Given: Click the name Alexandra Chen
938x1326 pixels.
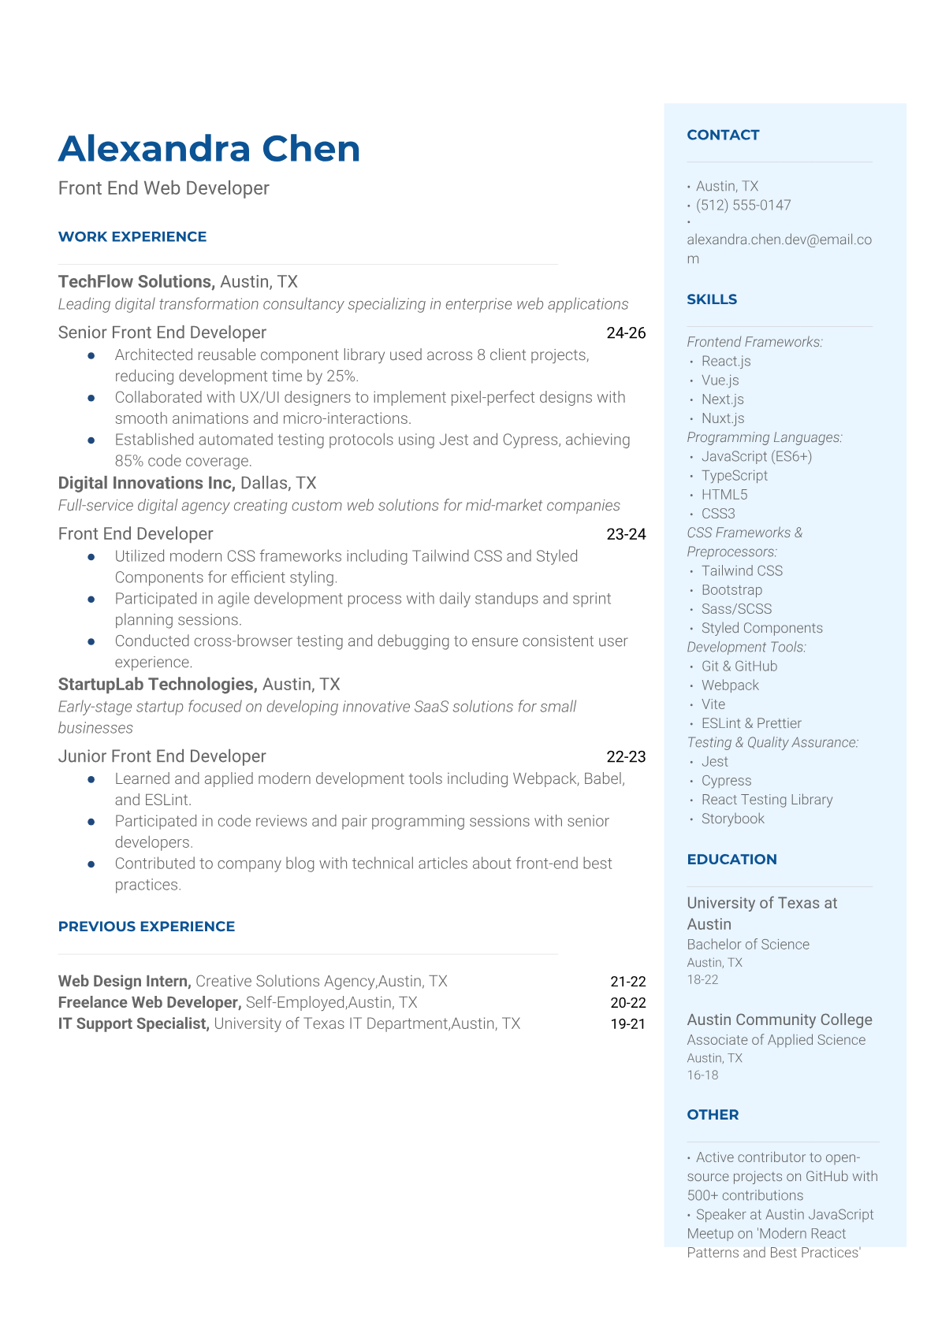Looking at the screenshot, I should [x=209, y=149].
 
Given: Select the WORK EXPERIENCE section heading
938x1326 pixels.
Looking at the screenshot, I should [x=132, y=236].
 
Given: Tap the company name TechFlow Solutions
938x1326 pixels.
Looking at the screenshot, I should [x=136, y=282].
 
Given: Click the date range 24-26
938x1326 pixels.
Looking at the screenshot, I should [x=626, y=333].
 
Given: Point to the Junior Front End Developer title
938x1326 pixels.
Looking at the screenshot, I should [x=162, y=756].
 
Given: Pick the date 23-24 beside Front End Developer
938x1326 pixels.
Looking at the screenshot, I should [x=626, y=534].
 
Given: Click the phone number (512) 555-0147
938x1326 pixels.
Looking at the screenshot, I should [x=743, y=205].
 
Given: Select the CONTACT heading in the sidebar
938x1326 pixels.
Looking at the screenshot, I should [x=723, y=135].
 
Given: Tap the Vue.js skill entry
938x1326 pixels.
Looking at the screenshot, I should [x=720, y=381].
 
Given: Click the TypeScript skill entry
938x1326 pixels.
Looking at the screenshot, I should [x=734, y=476].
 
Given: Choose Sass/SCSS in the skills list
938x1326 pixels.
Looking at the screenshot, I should [x=736, y=609].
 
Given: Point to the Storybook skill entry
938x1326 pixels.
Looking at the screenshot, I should [x=732, y=819].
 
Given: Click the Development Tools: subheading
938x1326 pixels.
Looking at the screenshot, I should [x=746, y=647].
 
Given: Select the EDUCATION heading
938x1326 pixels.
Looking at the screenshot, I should [x=731, y=860].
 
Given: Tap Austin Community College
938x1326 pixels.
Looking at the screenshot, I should [x=779, y=1020].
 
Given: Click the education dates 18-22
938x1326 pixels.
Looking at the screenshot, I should [x=702, y=980].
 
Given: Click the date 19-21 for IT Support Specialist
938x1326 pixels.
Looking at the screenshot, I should [x=627, y=1024].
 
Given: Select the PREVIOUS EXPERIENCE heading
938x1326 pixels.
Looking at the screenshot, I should [x=147, y=927].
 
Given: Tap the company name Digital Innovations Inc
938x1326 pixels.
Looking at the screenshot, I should [x=147, y=483].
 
